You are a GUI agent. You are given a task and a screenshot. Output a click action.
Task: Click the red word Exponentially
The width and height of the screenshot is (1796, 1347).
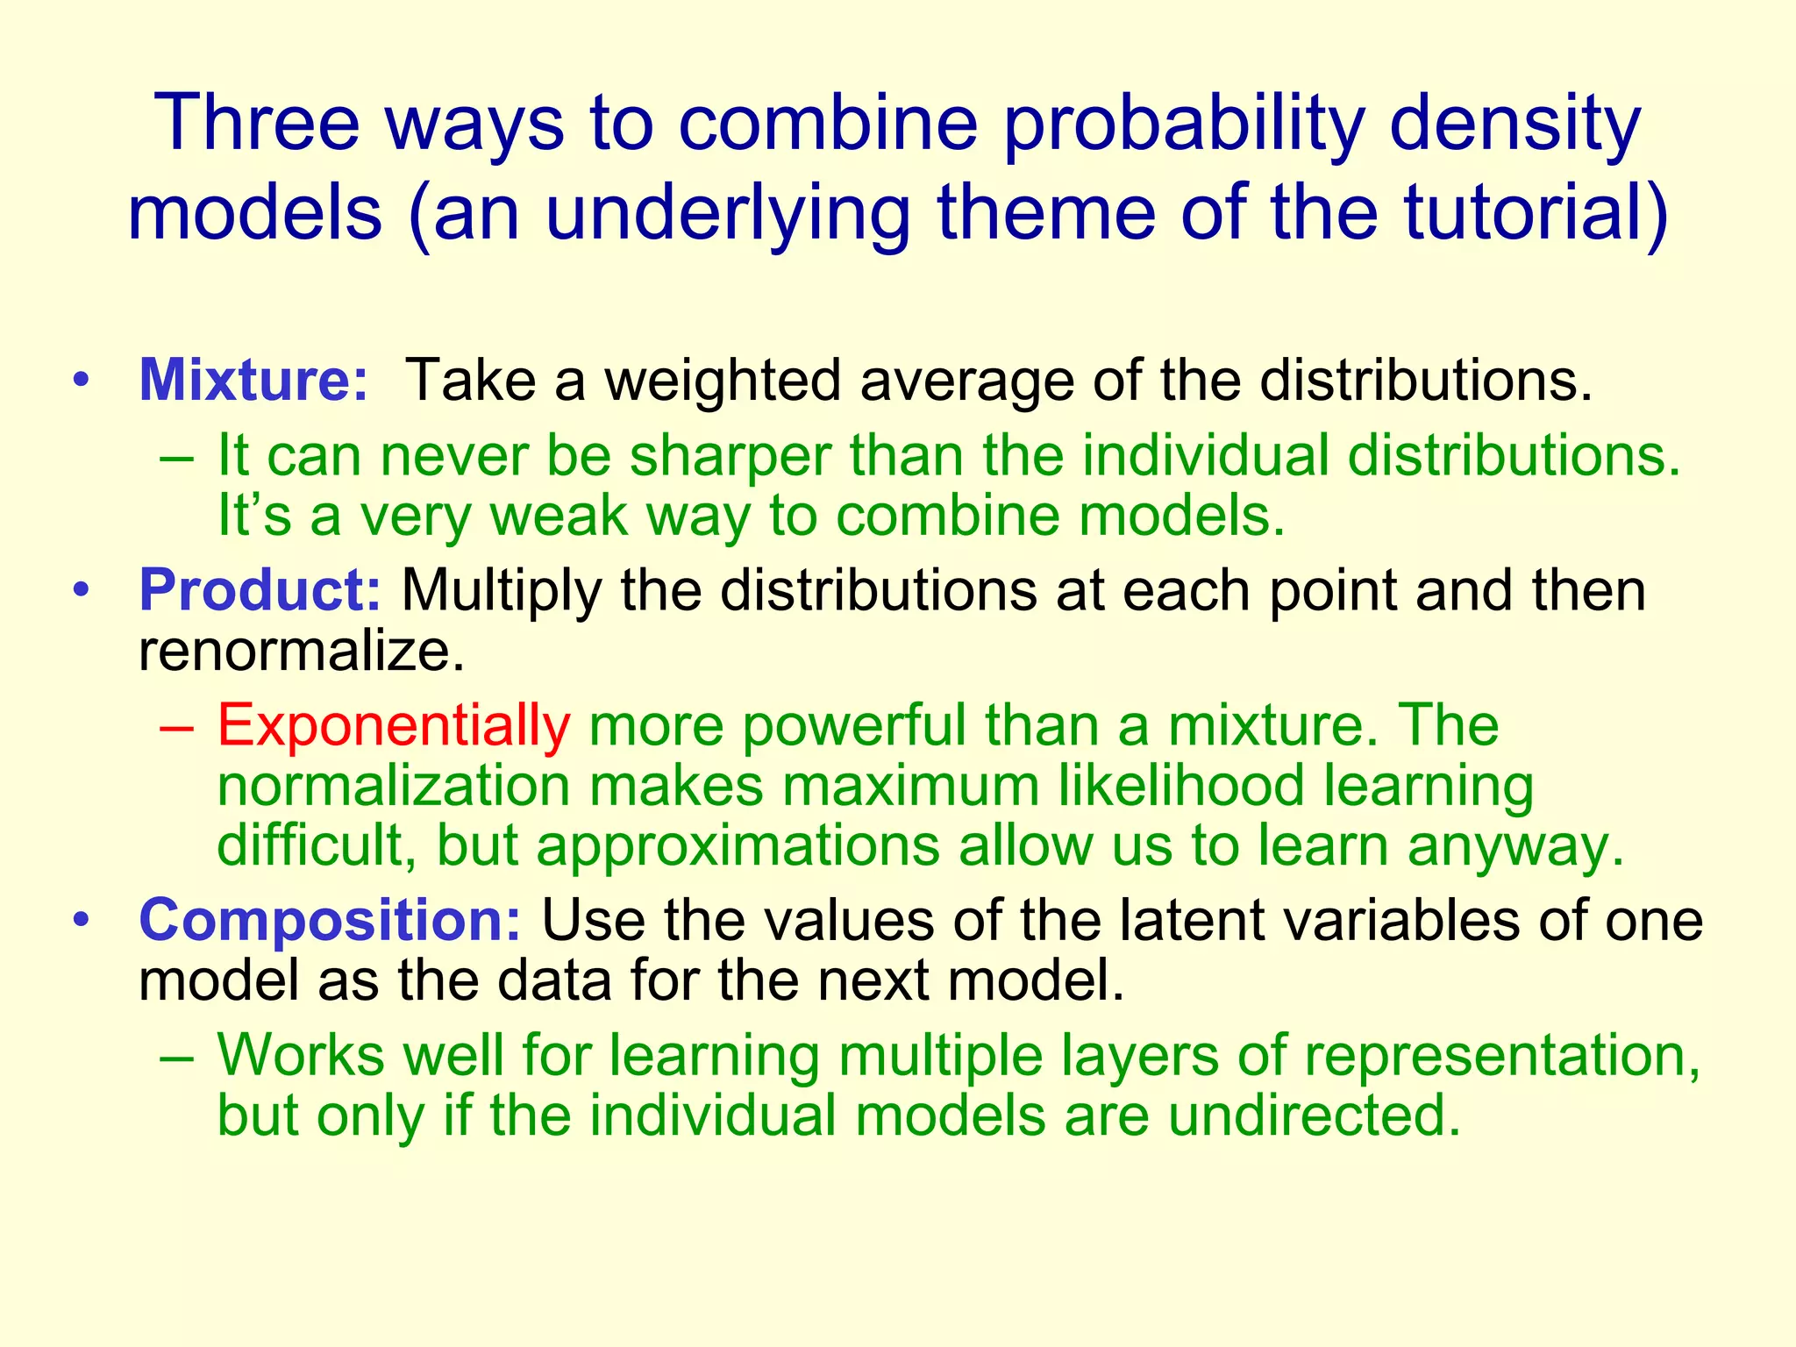394,726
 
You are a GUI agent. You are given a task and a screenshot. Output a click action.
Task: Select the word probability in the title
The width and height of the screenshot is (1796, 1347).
1183,123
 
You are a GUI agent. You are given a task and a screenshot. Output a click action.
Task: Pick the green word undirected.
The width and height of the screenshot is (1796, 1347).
1315,1115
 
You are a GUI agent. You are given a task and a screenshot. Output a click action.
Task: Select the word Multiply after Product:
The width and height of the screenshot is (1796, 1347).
501,590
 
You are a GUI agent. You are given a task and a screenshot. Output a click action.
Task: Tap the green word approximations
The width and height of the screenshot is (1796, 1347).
738,845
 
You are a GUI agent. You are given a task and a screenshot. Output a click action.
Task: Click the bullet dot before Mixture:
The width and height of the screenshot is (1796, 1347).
82,381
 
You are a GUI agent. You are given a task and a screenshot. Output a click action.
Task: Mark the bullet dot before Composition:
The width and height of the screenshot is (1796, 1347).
82,920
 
